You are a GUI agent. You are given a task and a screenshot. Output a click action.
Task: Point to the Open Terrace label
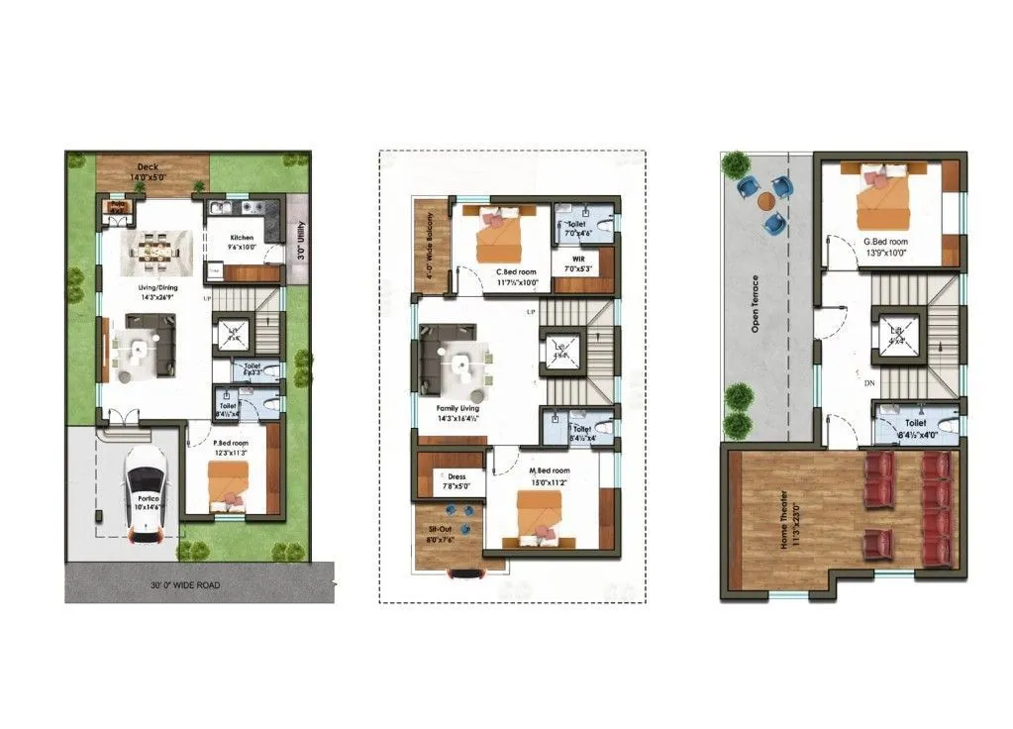(756, 303)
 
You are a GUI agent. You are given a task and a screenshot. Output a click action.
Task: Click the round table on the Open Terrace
(766, 201)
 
